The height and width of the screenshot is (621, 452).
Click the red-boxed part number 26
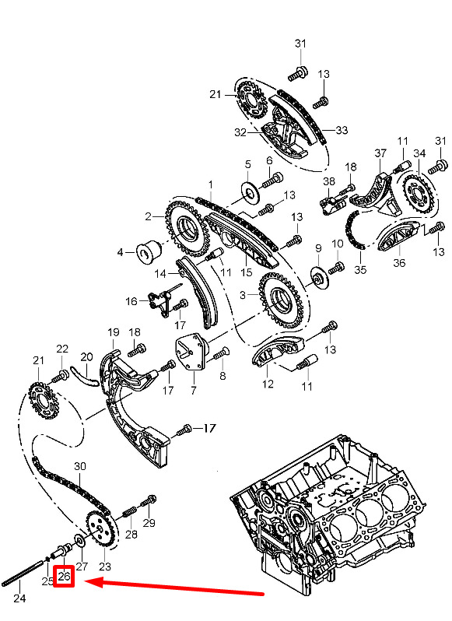coord(64,576)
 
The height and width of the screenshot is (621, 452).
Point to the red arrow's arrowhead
coord(94,582)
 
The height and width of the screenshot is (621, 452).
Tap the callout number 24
coord(19,598)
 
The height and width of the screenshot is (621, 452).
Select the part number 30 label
coord(80,466)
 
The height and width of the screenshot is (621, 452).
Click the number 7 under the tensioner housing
coord(193,391)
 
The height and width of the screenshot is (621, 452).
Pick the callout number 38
coord(329,181)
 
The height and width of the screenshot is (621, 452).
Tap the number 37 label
coord(380,153)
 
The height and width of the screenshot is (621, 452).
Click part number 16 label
coord(131,301)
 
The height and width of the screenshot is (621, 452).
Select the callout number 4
coord(121,252)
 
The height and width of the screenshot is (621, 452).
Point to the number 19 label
coord(114,332)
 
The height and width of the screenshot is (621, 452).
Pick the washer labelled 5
coord(251,191)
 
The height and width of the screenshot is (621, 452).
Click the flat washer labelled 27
coord(79,540)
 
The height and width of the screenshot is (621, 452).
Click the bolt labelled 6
coord(272,180)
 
